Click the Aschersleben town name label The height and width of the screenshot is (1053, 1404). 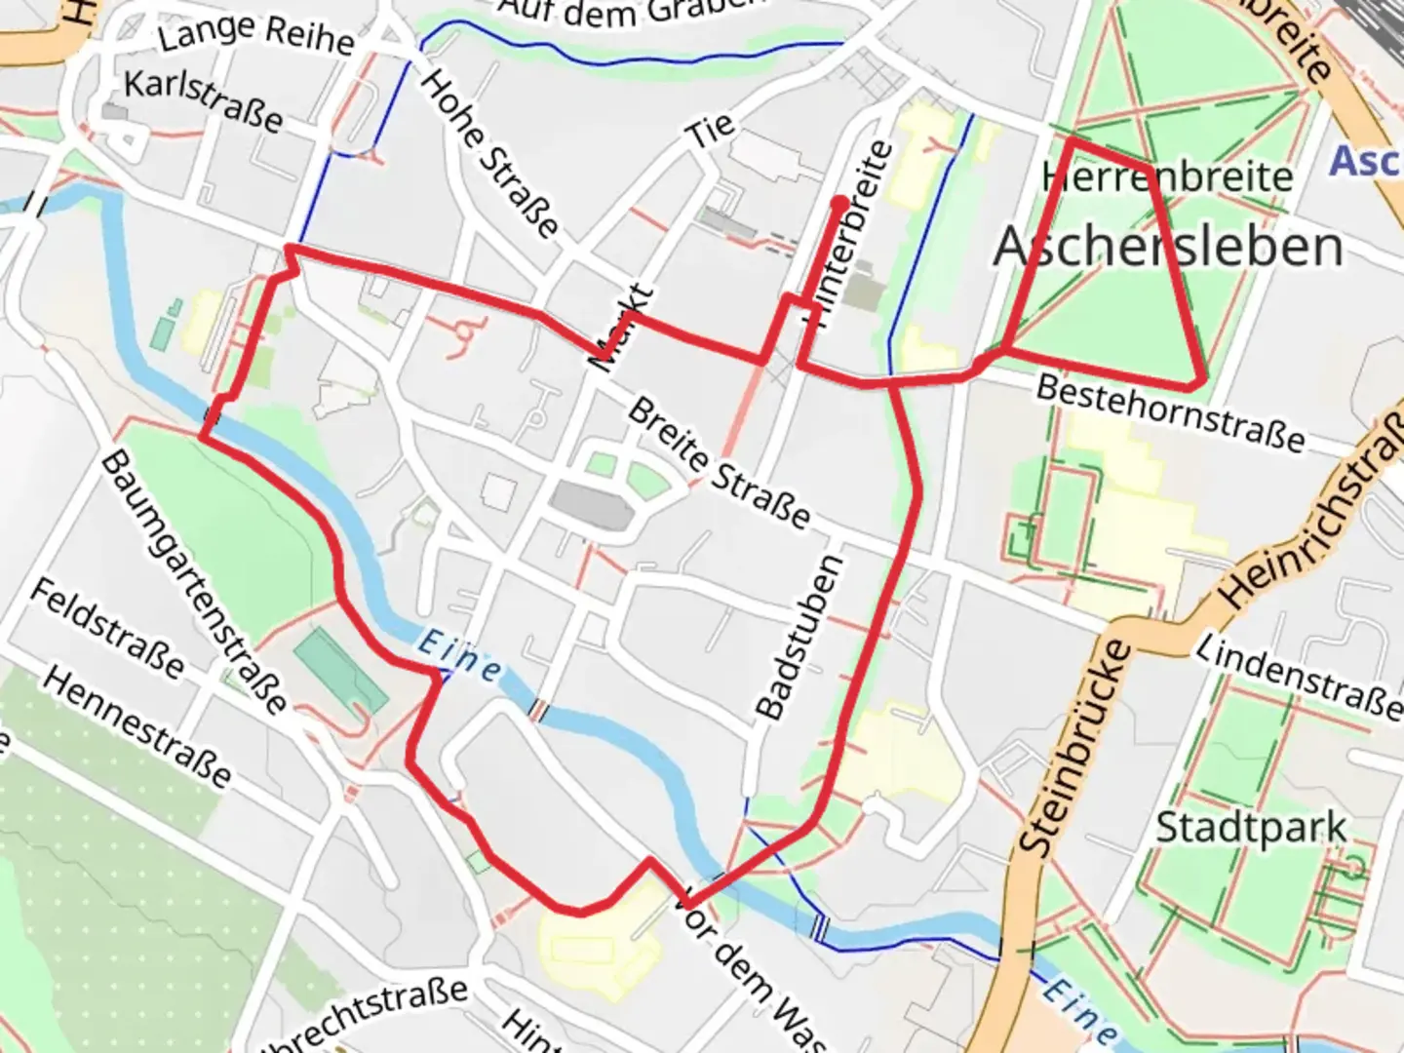[x=1168, y=247]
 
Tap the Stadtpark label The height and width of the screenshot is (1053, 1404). [x=1251, y=829]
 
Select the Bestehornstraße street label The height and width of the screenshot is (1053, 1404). [x=1170, y=413]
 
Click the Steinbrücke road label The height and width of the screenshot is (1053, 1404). [x=1076, y=749]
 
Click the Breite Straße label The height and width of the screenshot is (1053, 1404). [x=719, y=463]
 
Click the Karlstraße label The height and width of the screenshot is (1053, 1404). [x=203, y=100]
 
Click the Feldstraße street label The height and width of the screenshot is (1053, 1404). [x=107, y=628]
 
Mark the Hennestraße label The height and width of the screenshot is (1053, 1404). [x=137, y=727]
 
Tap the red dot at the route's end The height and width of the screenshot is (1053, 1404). [x=839, y=203]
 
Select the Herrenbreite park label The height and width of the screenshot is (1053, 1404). [x=1167, y=177]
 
